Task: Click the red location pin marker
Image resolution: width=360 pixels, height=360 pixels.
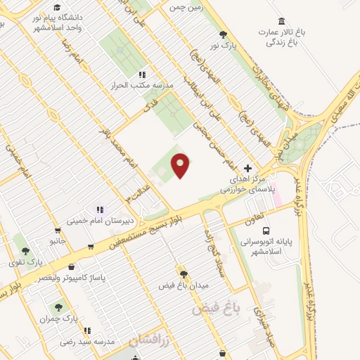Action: (181, 165)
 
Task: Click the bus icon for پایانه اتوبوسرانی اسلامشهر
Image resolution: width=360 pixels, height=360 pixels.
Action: (266, 231)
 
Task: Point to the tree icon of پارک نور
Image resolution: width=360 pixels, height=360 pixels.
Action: (224, 34)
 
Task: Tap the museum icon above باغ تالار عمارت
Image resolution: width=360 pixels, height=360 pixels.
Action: (282, 21)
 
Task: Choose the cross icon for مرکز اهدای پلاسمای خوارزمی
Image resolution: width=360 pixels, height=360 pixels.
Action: (247, 169)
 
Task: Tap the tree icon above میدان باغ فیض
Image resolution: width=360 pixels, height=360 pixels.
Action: (184, 274)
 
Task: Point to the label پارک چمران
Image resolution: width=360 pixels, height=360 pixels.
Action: (60, 319)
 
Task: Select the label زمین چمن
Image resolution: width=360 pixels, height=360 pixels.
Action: (185, 8)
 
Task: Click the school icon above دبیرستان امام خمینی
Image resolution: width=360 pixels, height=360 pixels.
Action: (100, 209)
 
